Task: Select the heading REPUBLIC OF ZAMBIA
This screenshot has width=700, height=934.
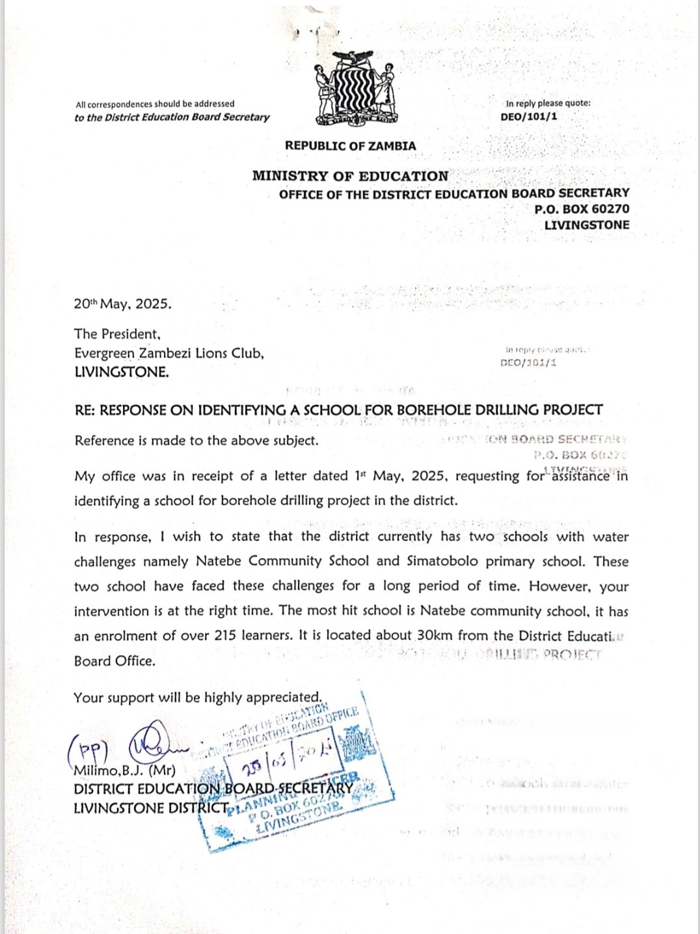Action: point(350,146)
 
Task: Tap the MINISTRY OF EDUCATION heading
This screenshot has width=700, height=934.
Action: point(350,176)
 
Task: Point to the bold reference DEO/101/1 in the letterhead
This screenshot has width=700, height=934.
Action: point(529,117)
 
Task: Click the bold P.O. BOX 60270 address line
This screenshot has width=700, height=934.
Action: point(582,209)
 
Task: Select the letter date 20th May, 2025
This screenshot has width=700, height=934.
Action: point(123,304)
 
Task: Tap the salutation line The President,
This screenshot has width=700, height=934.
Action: point(117,334)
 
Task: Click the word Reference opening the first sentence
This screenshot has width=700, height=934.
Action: point(104,441)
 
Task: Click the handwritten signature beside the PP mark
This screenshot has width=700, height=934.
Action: point(153,742)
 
